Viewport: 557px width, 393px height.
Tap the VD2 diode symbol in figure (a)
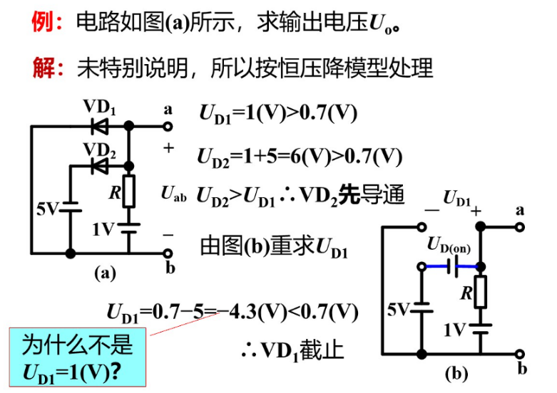tap(99, 166)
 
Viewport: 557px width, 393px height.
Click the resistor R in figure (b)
tap(482, 293)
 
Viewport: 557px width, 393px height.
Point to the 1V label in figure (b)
tap(454, 329)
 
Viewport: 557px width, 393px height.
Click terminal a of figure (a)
tap(168, 127)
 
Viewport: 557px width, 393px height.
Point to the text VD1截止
tap(292, 350)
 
